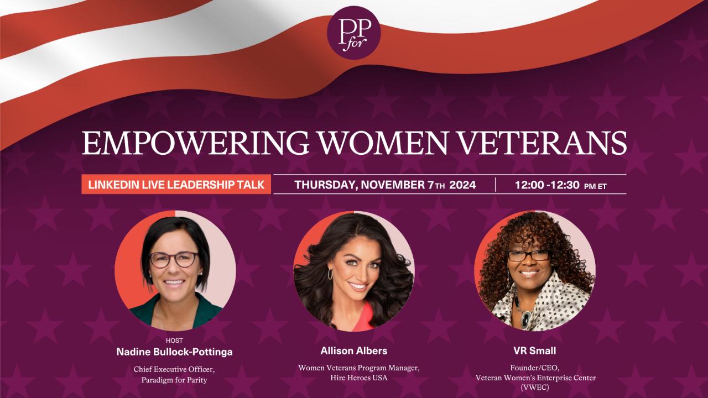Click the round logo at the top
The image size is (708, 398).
(354, 33)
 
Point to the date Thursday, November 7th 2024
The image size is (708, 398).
(385, 185)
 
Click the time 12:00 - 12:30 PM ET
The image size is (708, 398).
(560, 185)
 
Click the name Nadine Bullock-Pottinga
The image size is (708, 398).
(174, 352)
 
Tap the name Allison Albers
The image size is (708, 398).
(354, 351)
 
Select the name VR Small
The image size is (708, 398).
(534, 351)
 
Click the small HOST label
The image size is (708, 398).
(174, 341)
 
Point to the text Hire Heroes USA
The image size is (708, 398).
(354, 378)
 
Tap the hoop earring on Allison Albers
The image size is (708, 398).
(331, 274)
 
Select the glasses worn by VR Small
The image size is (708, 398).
(528, 255)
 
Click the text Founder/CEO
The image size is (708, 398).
(534, 368)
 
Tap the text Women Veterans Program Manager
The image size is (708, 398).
(354, 368)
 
